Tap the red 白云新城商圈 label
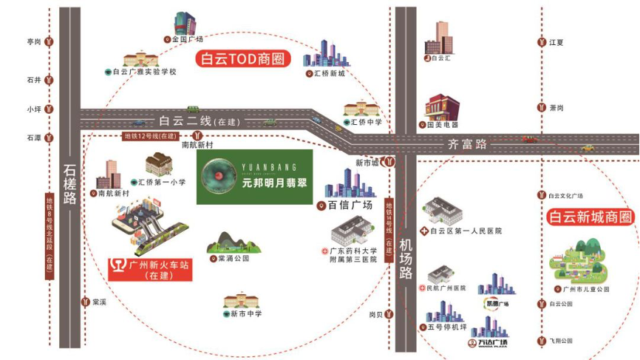point(590,217)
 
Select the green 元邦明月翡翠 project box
point(254,177)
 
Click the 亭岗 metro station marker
point(49,42)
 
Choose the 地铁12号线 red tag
point(150,136)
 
